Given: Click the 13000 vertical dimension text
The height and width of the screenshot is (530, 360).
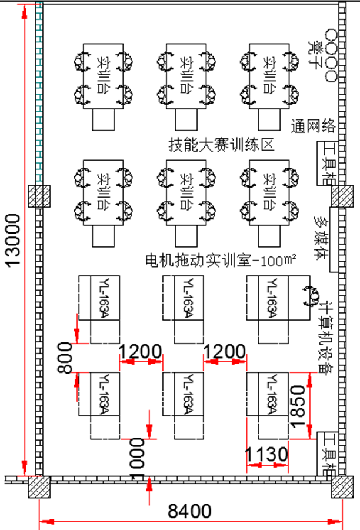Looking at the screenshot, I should [x=14, y=241].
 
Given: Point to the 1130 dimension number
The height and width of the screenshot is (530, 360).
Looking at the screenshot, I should [x=268, y=454].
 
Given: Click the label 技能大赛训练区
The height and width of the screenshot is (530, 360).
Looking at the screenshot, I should [x=222, y=144].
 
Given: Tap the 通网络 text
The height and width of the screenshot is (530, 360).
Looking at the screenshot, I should [x=312, y=125].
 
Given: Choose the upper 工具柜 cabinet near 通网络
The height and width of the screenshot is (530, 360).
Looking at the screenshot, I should [x=326, y=163].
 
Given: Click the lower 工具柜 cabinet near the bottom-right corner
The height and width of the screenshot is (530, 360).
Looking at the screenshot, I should [x=326, y=454].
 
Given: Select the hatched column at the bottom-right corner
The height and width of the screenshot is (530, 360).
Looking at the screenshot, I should [x=341, y=486].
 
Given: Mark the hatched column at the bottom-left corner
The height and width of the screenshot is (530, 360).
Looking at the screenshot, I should [x=39, y=486].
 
